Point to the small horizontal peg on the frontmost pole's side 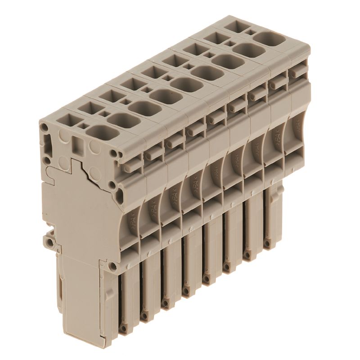click(150, 155)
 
